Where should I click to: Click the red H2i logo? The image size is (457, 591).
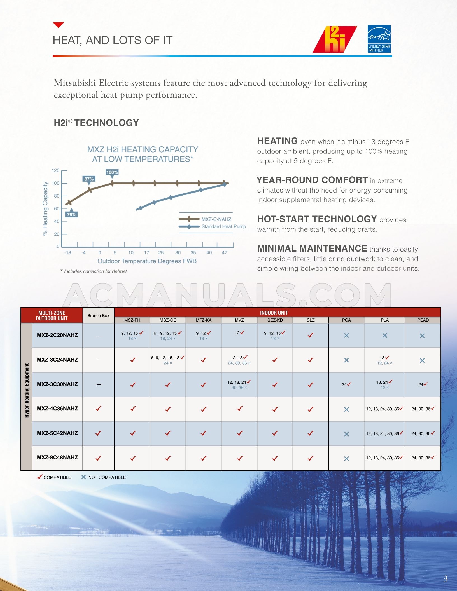pos(335,39)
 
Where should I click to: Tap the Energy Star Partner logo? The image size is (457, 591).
pos(379,39)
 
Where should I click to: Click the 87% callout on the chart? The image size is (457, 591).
pos(89,179)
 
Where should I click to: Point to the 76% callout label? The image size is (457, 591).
pos(71,214)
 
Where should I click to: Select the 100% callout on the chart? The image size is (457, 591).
pos(112,172)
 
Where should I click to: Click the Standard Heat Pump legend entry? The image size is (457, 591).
pos(223,226)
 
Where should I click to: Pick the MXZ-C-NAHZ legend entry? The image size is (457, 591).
pos(216,219)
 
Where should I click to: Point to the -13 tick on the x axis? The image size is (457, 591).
pos(67,252)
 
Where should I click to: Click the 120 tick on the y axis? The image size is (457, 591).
pos(55,170)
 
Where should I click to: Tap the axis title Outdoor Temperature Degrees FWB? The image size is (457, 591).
pos(147,261)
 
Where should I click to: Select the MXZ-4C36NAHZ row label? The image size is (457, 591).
pos(57,408)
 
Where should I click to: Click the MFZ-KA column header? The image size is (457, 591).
pos(204,320)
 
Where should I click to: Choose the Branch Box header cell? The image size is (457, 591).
pos(98,315)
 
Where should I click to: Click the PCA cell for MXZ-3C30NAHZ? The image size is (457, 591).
pos(346,384)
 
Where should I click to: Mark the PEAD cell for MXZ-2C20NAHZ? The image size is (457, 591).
pos(422,336)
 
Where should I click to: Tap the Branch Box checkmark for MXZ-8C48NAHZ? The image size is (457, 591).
pos(98,458)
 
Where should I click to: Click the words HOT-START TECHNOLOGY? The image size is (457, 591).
pos(317,219)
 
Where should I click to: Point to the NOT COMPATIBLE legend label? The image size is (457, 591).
pos(107,477)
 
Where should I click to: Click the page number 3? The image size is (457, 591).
pos(445,579)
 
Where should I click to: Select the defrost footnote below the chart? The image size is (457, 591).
pos(94,271)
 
